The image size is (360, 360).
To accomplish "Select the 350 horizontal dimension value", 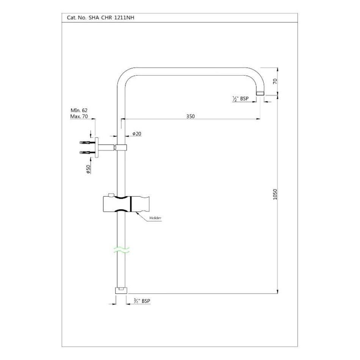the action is coord(190,116).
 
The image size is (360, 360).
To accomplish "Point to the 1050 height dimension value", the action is coord(275,194).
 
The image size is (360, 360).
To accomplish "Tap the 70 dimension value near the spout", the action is coord(275,81).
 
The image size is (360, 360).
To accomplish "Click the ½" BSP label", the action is coord(240,99).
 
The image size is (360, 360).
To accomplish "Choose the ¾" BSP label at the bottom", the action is coord(142,301).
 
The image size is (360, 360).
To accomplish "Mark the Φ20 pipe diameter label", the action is coord(137,134).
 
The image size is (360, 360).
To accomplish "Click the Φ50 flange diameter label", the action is coord(88,169).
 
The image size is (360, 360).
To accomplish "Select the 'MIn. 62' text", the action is coord(79,110).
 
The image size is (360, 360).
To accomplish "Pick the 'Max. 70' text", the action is coord(79,116).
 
